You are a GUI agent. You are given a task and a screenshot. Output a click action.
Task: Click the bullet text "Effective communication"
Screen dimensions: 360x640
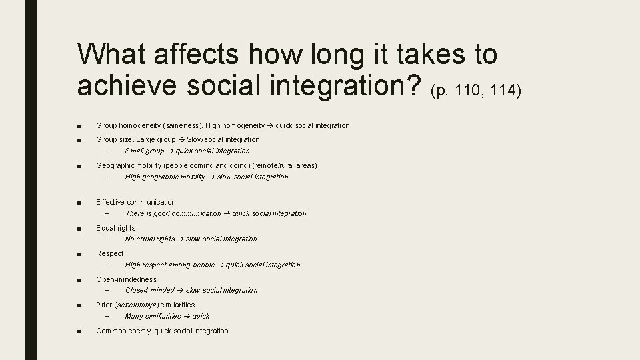pos(136,202)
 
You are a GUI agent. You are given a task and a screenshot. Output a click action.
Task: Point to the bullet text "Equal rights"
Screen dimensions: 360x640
pos(115,228)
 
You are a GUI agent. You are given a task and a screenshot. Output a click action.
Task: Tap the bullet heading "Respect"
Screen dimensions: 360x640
pos(109,253)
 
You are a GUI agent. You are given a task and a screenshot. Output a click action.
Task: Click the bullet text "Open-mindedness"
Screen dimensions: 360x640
pos(127,279)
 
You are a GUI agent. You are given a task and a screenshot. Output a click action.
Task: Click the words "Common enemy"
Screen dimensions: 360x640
pos(123,331)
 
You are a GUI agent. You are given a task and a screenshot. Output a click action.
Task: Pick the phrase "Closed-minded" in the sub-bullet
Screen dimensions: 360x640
pos(149,290)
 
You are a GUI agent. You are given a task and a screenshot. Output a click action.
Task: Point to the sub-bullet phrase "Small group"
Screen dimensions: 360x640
pos(145,151)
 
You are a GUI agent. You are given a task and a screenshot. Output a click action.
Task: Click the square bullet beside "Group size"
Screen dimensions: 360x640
pos(79,140)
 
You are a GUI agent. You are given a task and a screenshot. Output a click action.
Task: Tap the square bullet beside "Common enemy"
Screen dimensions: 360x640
pos(79,331)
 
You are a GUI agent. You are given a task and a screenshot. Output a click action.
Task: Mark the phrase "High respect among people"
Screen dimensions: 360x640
pos(170,265)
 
